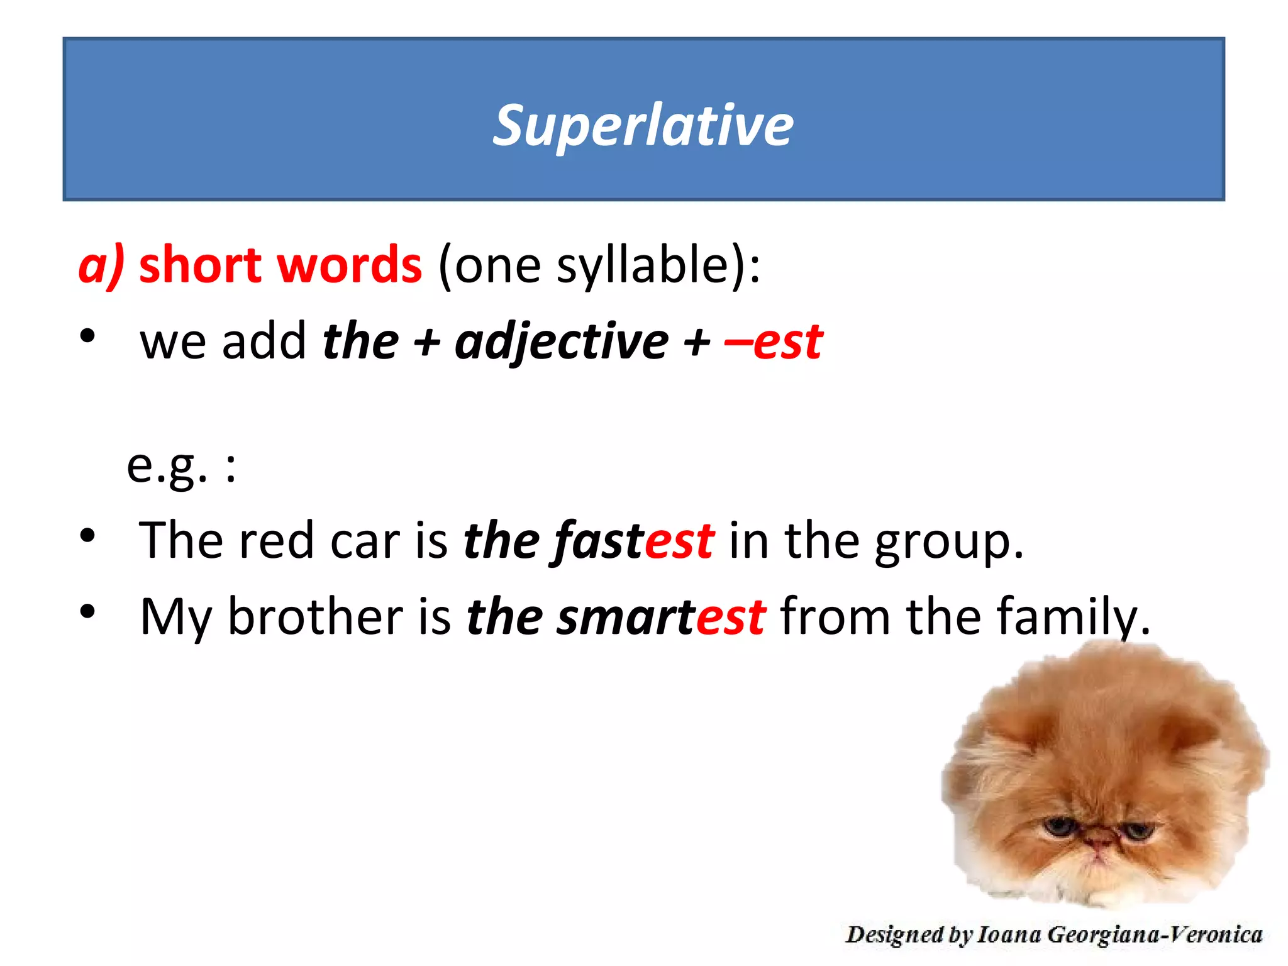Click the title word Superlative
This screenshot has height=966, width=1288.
pos(643,126)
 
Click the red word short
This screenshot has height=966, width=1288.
pos(199,265)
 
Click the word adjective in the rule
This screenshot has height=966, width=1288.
pos(562,343)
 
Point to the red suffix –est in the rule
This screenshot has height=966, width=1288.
pos(774,343)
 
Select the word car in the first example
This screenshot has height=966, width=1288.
pos(364,541)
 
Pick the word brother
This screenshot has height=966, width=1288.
pos(314,616)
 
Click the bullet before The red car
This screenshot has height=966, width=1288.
pos(88,536)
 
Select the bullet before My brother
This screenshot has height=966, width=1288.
pos(88,611)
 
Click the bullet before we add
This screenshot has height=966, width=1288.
pos(88,336)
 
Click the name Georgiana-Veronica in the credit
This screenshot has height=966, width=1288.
pos(1155,935)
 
